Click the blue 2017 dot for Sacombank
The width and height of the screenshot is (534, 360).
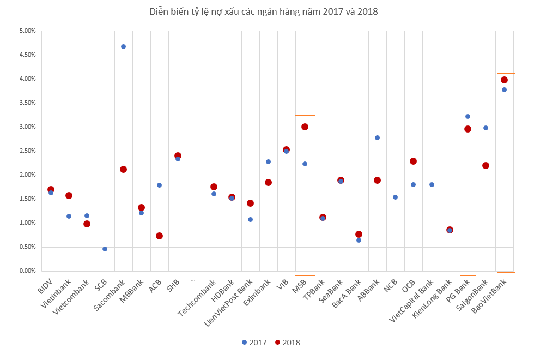123,46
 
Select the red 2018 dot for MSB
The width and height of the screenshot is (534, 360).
305,127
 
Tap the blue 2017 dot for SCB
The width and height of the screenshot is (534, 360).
105,249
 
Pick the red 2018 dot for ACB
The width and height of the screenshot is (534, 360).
159,236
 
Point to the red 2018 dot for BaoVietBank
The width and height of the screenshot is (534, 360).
504,80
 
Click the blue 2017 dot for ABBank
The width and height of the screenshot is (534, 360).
377,137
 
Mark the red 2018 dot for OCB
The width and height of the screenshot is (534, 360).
413,161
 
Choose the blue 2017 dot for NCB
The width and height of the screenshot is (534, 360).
395,197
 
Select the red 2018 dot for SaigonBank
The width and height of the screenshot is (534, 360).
486,165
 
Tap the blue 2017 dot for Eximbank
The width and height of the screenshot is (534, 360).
268,161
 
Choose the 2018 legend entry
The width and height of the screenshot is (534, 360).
288,343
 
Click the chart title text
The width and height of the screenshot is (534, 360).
264,11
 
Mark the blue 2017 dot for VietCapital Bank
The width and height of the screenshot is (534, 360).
432,184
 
